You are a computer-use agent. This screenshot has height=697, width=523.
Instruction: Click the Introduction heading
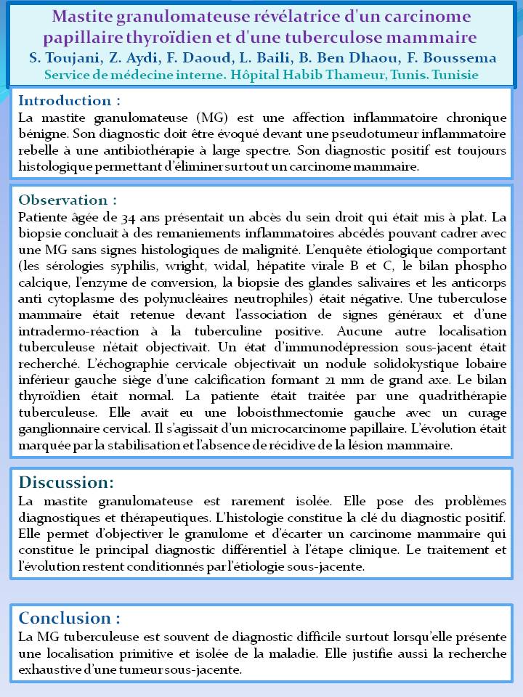click(x=69, y=100)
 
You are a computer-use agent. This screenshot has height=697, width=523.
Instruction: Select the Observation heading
click(x=68, y=200)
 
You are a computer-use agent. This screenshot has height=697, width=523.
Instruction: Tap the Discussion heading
click(x=66, y=482)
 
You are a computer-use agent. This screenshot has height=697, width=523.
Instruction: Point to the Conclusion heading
click(x=69, y=618)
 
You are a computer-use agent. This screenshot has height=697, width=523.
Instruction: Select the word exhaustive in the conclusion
click(x=54, y=669)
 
